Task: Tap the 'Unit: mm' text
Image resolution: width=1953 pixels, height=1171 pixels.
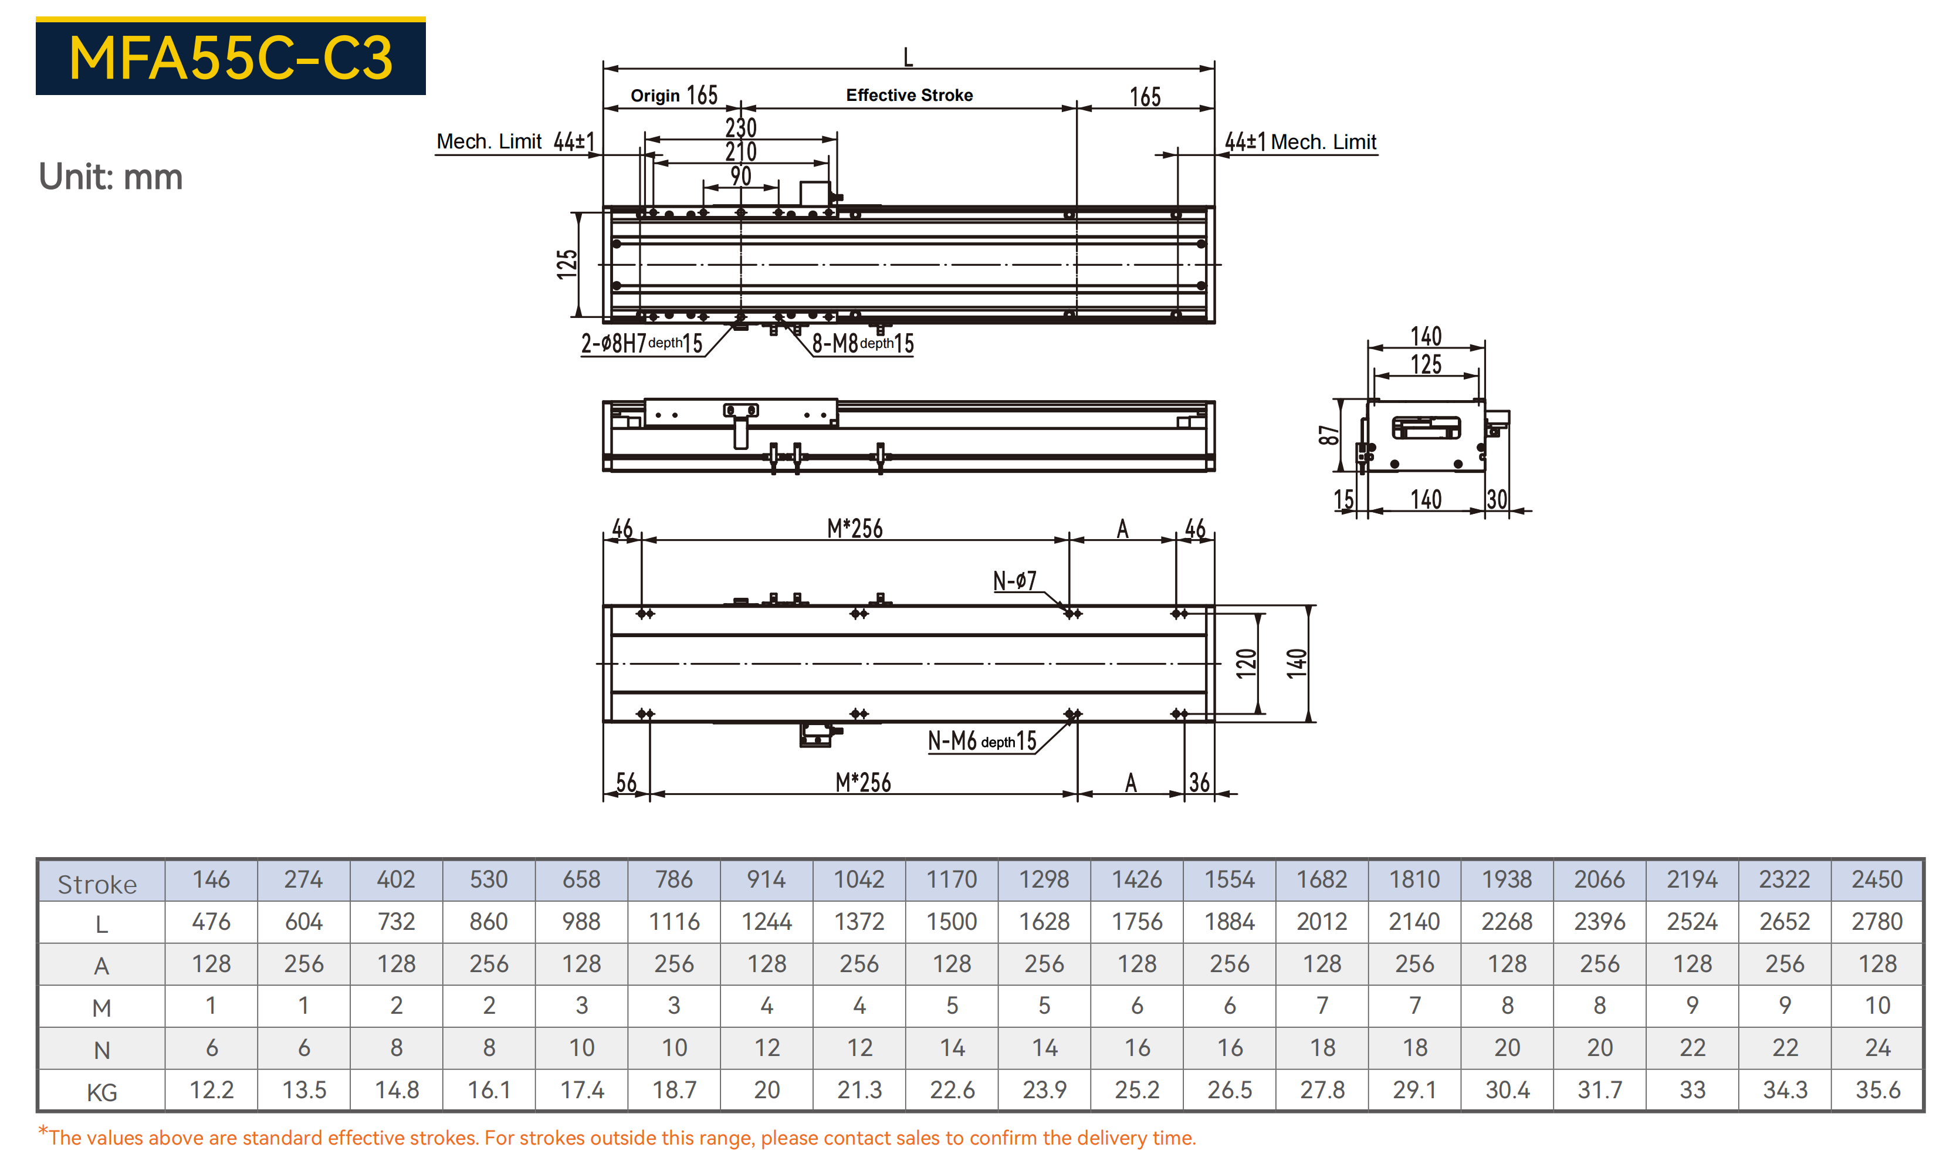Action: (x=110, y=177)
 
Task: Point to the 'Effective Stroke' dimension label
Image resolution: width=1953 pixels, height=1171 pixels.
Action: (x=909, y=96)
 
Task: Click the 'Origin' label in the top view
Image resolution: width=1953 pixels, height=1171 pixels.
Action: (x=655, y=96)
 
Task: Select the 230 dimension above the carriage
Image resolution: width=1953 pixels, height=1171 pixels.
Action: (x=741, y=128)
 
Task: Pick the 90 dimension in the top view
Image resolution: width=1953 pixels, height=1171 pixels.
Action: (x=740, y=176)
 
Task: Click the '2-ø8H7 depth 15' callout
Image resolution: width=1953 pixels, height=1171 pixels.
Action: (x=642, y=343)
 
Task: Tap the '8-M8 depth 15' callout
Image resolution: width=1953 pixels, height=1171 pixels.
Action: (x=862, y=343)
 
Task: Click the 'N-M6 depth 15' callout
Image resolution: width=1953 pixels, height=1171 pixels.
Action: (x=981, y=741)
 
